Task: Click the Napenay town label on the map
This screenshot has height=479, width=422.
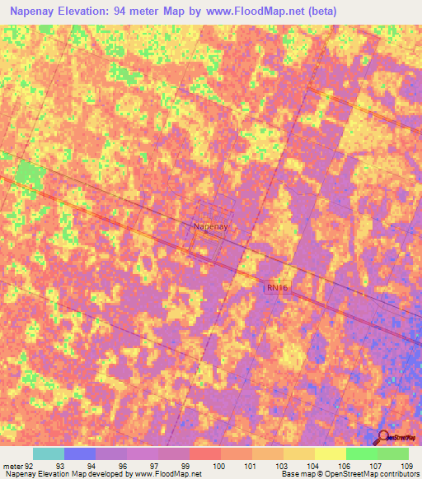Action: click(209, 225)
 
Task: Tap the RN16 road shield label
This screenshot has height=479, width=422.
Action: click(277, 287)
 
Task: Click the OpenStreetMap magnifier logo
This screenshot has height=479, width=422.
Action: click(384, 437)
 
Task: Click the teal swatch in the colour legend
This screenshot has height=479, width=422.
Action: click(49, 453)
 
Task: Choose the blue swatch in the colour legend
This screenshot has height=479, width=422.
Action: click(80, 453)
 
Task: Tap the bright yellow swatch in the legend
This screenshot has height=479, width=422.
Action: click(330, 453)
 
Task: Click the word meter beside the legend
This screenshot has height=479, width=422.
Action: click(12, 466)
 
